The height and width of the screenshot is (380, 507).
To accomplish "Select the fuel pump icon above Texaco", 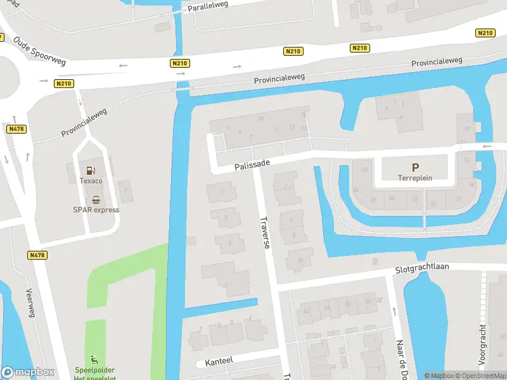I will tap(89, 170).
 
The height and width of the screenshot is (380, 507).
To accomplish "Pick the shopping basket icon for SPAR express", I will tap(96, 199).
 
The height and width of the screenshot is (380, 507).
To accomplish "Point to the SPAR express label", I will tap(96, 210).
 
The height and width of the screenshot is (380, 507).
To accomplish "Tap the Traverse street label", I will tap(266, 232).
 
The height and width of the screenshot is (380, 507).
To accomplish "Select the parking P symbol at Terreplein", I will tap(415, 168).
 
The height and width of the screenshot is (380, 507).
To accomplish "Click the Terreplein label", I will tap(415, 179).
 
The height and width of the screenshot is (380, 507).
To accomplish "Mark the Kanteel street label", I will tap(219, 360).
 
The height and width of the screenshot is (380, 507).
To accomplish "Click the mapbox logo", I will tap(28, 372).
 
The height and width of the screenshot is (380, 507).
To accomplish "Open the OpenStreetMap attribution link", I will tap(480, 376).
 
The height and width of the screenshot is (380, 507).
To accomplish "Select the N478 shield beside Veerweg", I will tap(37, 255).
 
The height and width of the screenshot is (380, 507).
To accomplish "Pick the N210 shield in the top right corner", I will tap(485, 33).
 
